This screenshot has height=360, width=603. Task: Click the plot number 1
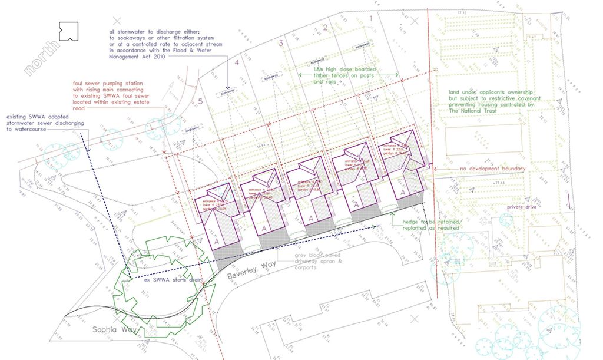pyautogui.click(x=370, y=19)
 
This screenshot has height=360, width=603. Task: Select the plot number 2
pyautogui.click(x=325, y=28)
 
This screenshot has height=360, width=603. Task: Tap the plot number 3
pyautogui.click(x=281, y=43)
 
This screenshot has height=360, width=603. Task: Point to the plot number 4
pyautogui.click(x=237, y=62)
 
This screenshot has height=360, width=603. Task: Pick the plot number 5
pyautogui.click(x=200, y=101)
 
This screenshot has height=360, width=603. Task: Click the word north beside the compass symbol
pyautogui.click(x=42, y=60)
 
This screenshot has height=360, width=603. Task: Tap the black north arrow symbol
pyautogui.click(x=68, y=30)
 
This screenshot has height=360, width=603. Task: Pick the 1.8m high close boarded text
pyautogui.click(x=344, y=70)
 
